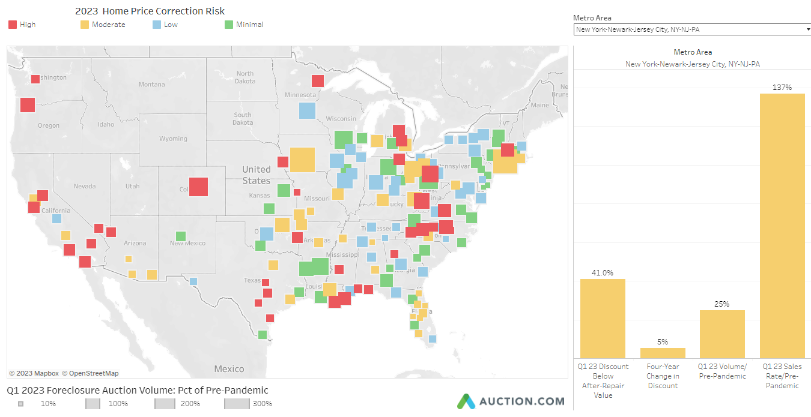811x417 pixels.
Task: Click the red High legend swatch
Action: click(x=13, y=25)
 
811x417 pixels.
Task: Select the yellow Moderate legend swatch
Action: click(x=85, y=25)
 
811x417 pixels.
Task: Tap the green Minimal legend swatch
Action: click(x=228, y=25)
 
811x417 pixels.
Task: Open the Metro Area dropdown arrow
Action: click(x=807, y=29)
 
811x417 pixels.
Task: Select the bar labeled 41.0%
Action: click(x=603, y=318)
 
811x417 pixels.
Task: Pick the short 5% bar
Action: click(x=663, y=353)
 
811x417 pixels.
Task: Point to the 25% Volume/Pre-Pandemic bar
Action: click(x=722, y=334)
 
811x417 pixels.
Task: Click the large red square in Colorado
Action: click(x=198, y=187)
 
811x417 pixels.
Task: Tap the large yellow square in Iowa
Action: click(x=302, y=160)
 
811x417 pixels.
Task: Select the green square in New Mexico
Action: click(x=180, y=236)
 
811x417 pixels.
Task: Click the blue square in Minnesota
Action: click(x=307, y=110)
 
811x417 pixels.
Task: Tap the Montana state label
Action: click(x=151, y=85)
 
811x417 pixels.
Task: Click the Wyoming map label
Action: click(x=173, y=139)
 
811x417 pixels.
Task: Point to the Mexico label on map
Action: click(x=229, y=368)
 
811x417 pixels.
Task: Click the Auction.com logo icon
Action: click(x=466, y=401)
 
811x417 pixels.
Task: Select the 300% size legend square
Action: click(x=237, y=404)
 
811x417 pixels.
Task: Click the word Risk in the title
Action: click(x=214, y=11)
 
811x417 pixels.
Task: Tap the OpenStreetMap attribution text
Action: click(x=90, y=373)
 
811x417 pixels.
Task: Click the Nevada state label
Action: click(x=85, y=186)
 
